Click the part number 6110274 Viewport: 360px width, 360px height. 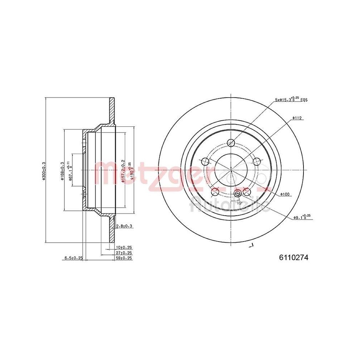[x=294, y=257]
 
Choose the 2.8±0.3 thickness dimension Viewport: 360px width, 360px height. [x=125, y=226]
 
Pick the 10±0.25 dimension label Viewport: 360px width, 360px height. [x=124, y=248]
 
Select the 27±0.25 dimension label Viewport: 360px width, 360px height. [x=124, y=253]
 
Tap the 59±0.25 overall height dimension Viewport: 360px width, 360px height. [x=124, y=258]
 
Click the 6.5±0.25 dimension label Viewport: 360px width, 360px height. [x=73, y=258]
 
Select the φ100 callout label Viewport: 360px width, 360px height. [x=286, y=194]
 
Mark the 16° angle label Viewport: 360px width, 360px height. [x=239, y=203]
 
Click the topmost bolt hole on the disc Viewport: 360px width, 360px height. [x=231, y=143]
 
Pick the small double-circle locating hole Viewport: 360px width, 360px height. [x=237, y=194]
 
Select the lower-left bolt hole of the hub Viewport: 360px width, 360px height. [x=215, y=191]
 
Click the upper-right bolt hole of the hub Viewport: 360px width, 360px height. [x=256, y=161]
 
